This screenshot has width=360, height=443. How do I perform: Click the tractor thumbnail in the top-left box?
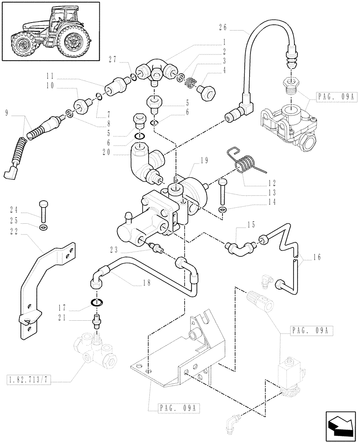point(50,31)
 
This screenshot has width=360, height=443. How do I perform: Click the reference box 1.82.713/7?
point(27,378)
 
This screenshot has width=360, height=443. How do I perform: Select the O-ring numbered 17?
point(98,303)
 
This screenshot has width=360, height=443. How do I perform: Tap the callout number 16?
point(317,256)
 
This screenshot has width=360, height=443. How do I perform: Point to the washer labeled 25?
point(43,228)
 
